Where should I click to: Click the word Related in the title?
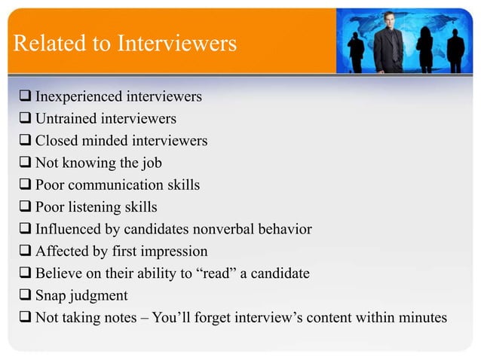point(44,44)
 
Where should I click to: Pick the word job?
point(151,163)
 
